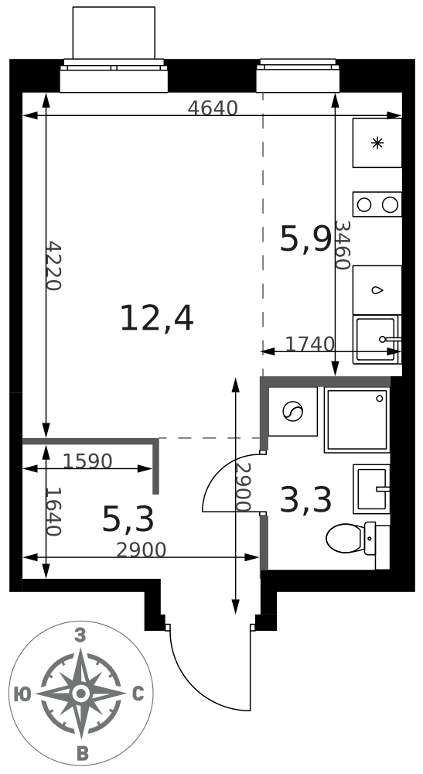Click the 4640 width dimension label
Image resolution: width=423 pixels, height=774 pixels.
click(213, 108)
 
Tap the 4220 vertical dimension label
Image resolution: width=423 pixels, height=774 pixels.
click(53, 266)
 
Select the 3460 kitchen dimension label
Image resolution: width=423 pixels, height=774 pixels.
click(342, 245)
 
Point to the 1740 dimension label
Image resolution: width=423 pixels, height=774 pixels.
click(310, 344)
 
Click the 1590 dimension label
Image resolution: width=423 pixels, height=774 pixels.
click(87, 461)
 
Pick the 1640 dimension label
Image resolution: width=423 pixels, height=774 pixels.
click(53, 512)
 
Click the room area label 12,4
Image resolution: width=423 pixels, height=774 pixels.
click(157, 318)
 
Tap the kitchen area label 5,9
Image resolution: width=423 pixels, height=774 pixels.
click(305, 238)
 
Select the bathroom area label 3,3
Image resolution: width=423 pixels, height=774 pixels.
click(305, 499)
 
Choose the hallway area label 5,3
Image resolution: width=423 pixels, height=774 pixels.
click(128, 519)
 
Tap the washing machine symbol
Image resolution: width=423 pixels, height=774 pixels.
click(292, 411)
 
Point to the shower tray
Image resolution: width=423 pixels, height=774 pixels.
click(357, 420)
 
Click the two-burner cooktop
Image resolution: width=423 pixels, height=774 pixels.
click(377, 204)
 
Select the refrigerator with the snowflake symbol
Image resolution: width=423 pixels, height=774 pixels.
click(377, 142)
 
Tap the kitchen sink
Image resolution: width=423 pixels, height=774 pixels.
click(377, 340)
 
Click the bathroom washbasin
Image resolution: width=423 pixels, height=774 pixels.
click(371, 488)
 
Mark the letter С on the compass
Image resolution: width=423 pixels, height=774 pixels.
click(138, 694)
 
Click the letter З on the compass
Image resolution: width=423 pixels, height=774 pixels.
click(80, 635)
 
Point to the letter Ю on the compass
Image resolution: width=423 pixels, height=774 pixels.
click(22, 694)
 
